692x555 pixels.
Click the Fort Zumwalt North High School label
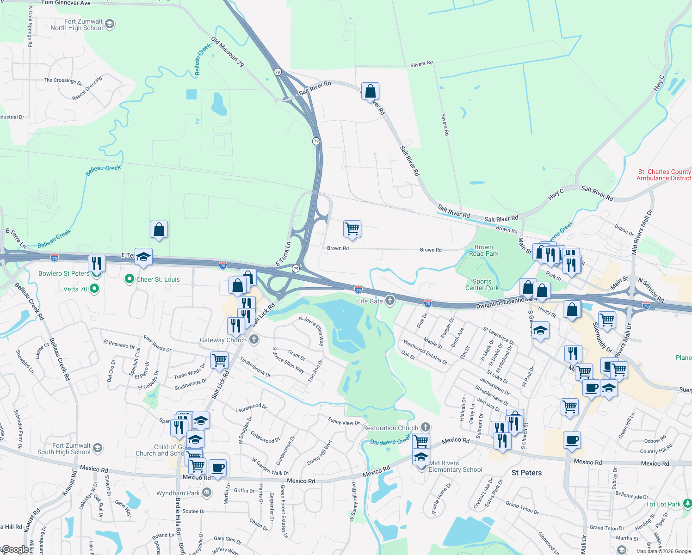coord(77,25)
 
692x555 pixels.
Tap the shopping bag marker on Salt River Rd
coord(370,91)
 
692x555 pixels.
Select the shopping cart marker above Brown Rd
coord(352,229)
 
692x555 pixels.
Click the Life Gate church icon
coord(390,301)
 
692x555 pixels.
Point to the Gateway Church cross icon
coord(253,340)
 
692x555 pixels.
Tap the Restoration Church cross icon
coord(426,428)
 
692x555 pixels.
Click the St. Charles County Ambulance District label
coord(663,175)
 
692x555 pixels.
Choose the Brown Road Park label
coord(483,250)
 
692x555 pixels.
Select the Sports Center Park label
coord(482,284)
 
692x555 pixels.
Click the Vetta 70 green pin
coord(94,289)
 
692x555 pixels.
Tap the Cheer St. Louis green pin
coord(130,279)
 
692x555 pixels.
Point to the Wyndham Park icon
coord(207,493)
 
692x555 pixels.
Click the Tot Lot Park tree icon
coord(687,504)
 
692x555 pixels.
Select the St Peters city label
coord(526,473)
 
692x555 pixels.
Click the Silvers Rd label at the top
coord(421,64)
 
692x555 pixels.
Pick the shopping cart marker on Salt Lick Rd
coord(219,360)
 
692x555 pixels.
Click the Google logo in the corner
coord(15,549)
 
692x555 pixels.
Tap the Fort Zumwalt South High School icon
coord(97,448)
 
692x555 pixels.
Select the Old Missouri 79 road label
coord(228,52)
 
